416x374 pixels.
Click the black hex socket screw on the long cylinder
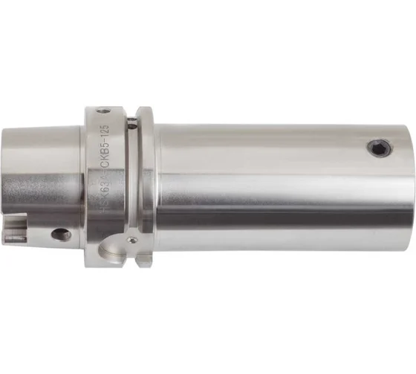click(379, 148)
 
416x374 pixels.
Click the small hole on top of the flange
click(103, 111)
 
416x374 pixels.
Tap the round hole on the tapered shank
click(61, 234)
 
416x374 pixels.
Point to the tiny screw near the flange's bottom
click(131, 240)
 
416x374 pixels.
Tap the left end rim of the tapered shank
click(5, 186)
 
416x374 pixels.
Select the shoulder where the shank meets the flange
click(82, 186)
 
